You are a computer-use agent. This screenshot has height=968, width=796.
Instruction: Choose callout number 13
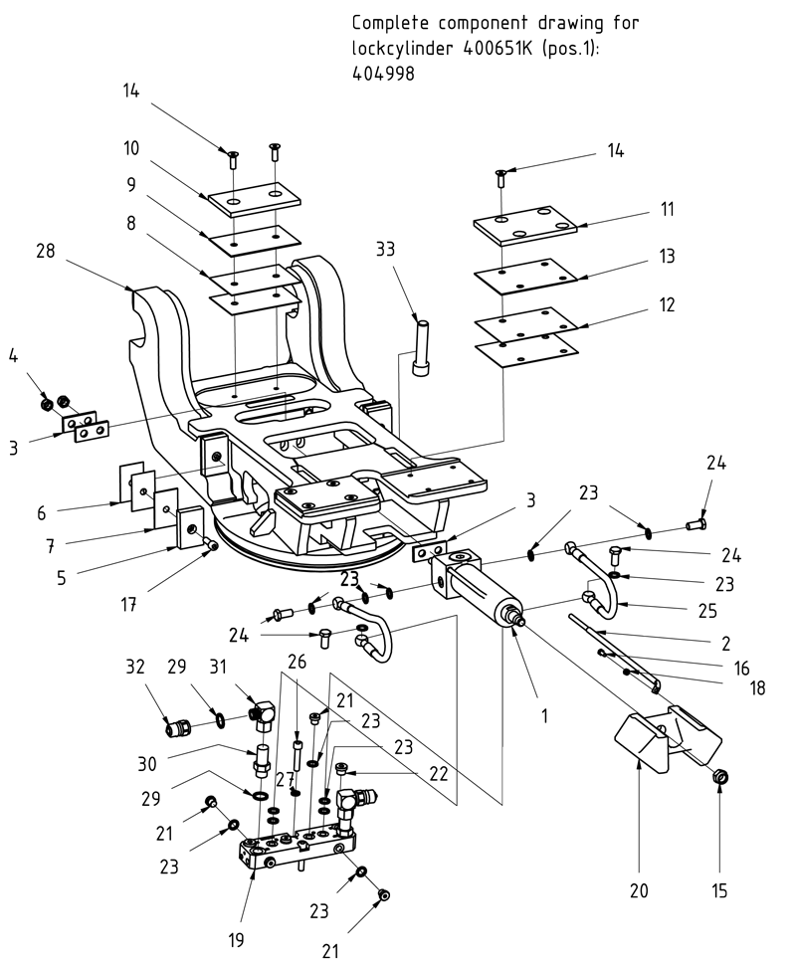click(666, 257)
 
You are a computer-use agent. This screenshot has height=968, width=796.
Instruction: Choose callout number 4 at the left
click(13, 354)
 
